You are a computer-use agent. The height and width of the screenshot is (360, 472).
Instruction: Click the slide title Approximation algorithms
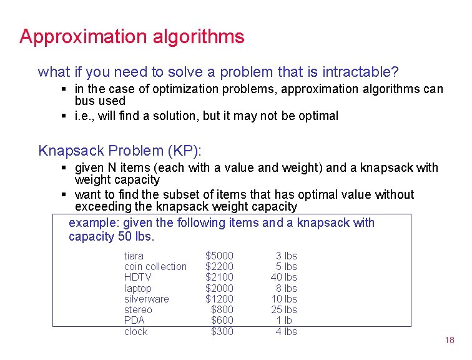pos(132,37)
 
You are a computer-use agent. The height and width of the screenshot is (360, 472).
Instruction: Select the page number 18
pos(450,340)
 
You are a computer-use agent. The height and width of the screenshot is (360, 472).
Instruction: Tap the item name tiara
pos(134,256)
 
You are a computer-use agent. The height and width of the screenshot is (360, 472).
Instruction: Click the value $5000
pos(220,256)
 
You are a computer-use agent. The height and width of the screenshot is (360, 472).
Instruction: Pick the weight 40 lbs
pos(283,277)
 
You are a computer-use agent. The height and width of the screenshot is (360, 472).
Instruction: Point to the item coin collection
pos(155,266)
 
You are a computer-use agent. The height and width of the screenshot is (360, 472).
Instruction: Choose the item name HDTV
pos(137,277)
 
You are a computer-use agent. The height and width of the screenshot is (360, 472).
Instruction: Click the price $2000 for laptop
pos(220,288)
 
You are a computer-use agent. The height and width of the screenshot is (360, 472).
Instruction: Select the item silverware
pos(146,299)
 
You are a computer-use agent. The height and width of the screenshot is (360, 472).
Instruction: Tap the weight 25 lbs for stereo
pos(283,309)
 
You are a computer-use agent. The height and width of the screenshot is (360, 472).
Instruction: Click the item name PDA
pos(134,320)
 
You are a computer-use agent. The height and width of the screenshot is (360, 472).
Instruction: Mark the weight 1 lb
pos(287,320)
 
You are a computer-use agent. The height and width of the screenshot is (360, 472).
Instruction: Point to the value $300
pos(222,331)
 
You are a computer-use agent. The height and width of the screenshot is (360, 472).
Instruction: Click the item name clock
pos(135,331)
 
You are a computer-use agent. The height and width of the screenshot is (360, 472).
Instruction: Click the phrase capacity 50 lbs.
pos(111,236)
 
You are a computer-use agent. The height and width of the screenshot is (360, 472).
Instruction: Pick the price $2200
pos(220,266)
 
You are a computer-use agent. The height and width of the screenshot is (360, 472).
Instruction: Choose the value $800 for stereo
pos(222,309)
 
